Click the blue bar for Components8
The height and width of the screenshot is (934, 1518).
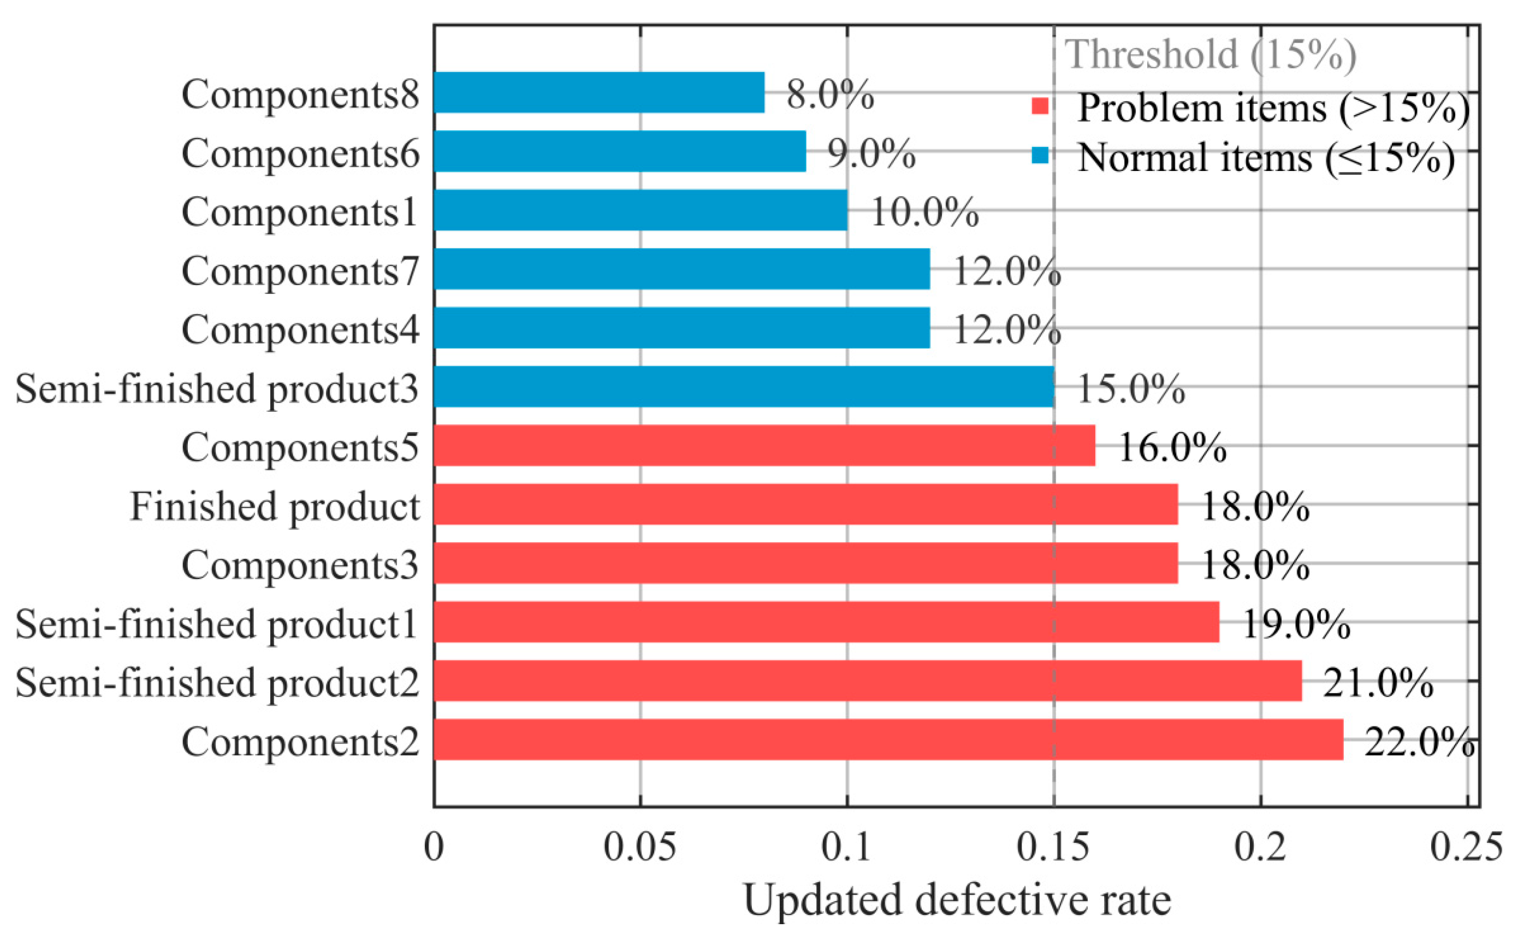[x=598, y=93]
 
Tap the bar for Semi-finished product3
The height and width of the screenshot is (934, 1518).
[x=743, y=387]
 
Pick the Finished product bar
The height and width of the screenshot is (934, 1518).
[x=805, y=504]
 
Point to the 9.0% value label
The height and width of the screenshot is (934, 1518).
[x=871, y=153]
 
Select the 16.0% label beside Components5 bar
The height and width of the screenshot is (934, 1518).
[x=1172, y=447]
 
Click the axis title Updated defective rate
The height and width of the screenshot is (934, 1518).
[x=957, y=901]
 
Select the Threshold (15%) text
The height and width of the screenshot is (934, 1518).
[x=1211, y=55]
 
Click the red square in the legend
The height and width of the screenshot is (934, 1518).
[x=1040, y=107]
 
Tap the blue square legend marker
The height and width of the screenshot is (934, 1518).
[x=1040, y=156]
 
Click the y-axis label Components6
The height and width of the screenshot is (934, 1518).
[x=300, y=153]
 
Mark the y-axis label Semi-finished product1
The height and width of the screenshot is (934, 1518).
[x=216, y=624]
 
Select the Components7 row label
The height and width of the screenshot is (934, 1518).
[x=300, y=270]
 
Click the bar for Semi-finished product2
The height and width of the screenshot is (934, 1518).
[x=867, y=681]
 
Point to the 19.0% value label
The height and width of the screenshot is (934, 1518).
[x=1296, y=624]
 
